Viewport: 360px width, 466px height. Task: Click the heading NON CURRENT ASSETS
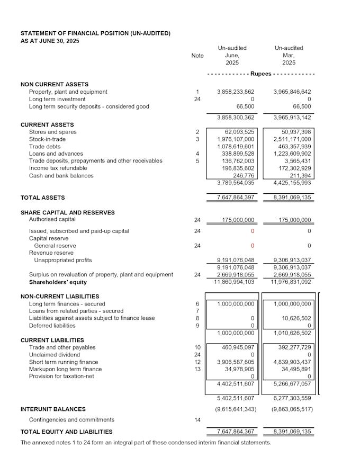55,84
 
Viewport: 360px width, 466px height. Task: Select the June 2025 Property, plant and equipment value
236,92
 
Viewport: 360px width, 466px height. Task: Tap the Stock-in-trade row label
44,139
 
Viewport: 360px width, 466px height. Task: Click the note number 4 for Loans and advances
197,154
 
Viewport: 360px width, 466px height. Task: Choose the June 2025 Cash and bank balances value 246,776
244,175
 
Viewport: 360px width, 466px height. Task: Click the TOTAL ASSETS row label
42,198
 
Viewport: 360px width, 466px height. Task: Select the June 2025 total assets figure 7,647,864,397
236,198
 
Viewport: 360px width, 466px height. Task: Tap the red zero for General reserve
252,246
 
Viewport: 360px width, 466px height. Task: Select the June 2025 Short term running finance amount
236,362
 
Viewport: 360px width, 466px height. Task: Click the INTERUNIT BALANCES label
53,409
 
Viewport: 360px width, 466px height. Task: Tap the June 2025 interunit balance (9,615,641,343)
236,409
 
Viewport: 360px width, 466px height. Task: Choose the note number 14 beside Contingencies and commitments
197,419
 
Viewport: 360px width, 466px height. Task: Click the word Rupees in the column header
261,74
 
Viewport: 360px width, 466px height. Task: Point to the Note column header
197,56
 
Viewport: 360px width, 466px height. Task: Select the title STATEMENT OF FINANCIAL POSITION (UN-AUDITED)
95,33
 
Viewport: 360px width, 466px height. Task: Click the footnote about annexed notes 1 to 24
146,443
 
